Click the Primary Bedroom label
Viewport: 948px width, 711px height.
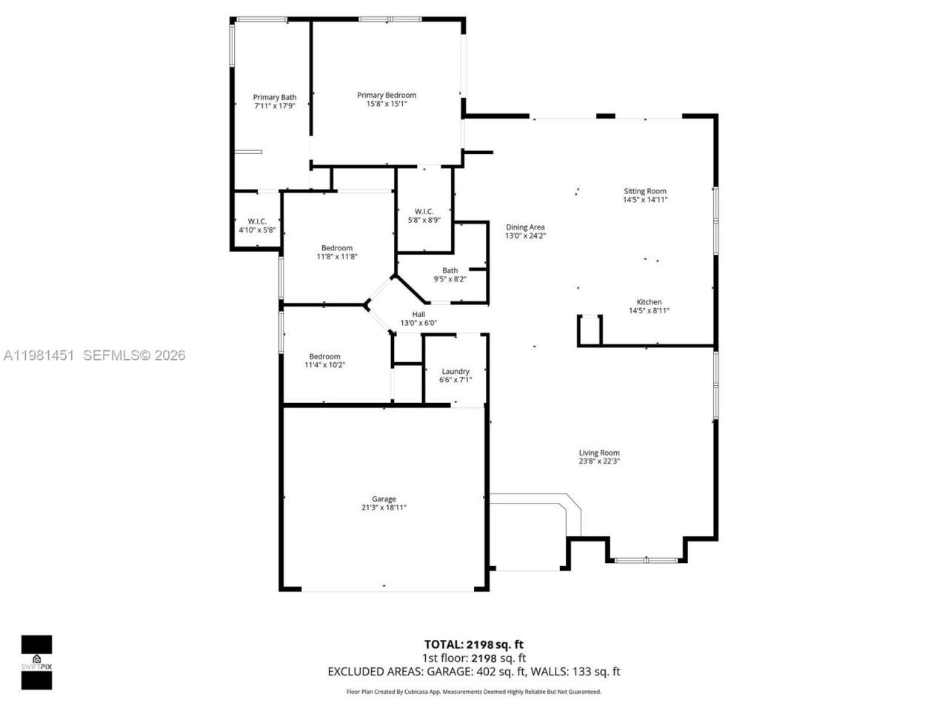coord(387,95)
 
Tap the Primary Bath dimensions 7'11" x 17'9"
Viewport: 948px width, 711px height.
coord(274,106)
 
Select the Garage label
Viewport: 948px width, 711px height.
coord(384,499)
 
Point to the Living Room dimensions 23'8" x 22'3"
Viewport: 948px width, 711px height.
coord(599,461)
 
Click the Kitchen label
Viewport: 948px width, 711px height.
coord(649,302)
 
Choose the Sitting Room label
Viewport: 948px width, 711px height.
coord(644,191)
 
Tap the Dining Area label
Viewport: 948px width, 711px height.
coord(525,227)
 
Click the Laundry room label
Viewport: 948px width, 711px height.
coord(455,372)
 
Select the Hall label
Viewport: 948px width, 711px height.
coord(418,315)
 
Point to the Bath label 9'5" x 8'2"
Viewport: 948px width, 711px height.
coord(450,270)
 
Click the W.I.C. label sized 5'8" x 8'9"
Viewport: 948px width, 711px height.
coord(424,212)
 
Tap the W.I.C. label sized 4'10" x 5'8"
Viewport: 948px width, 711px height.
coord(257,221)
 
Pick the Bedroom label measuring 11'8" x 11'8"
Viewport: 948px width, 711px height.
coord(337,248)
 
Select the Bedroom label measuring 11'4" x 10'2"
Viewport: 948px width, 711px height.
coord(324,357)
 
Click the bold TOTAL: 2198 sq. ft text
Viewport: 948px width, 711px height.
coord(473,644)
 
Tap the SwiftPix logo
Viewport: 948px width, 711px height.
coord(36,661)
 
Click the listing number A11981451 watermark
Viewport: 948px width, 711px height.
coord(39,355)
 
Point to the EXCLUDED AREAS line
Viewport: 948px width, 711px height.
coord(473,672)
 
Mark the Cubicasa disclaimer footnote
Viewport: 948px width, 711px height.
coord(473,692)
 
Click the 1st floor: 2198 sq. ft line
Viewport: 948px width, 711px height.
coord(473,658)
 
